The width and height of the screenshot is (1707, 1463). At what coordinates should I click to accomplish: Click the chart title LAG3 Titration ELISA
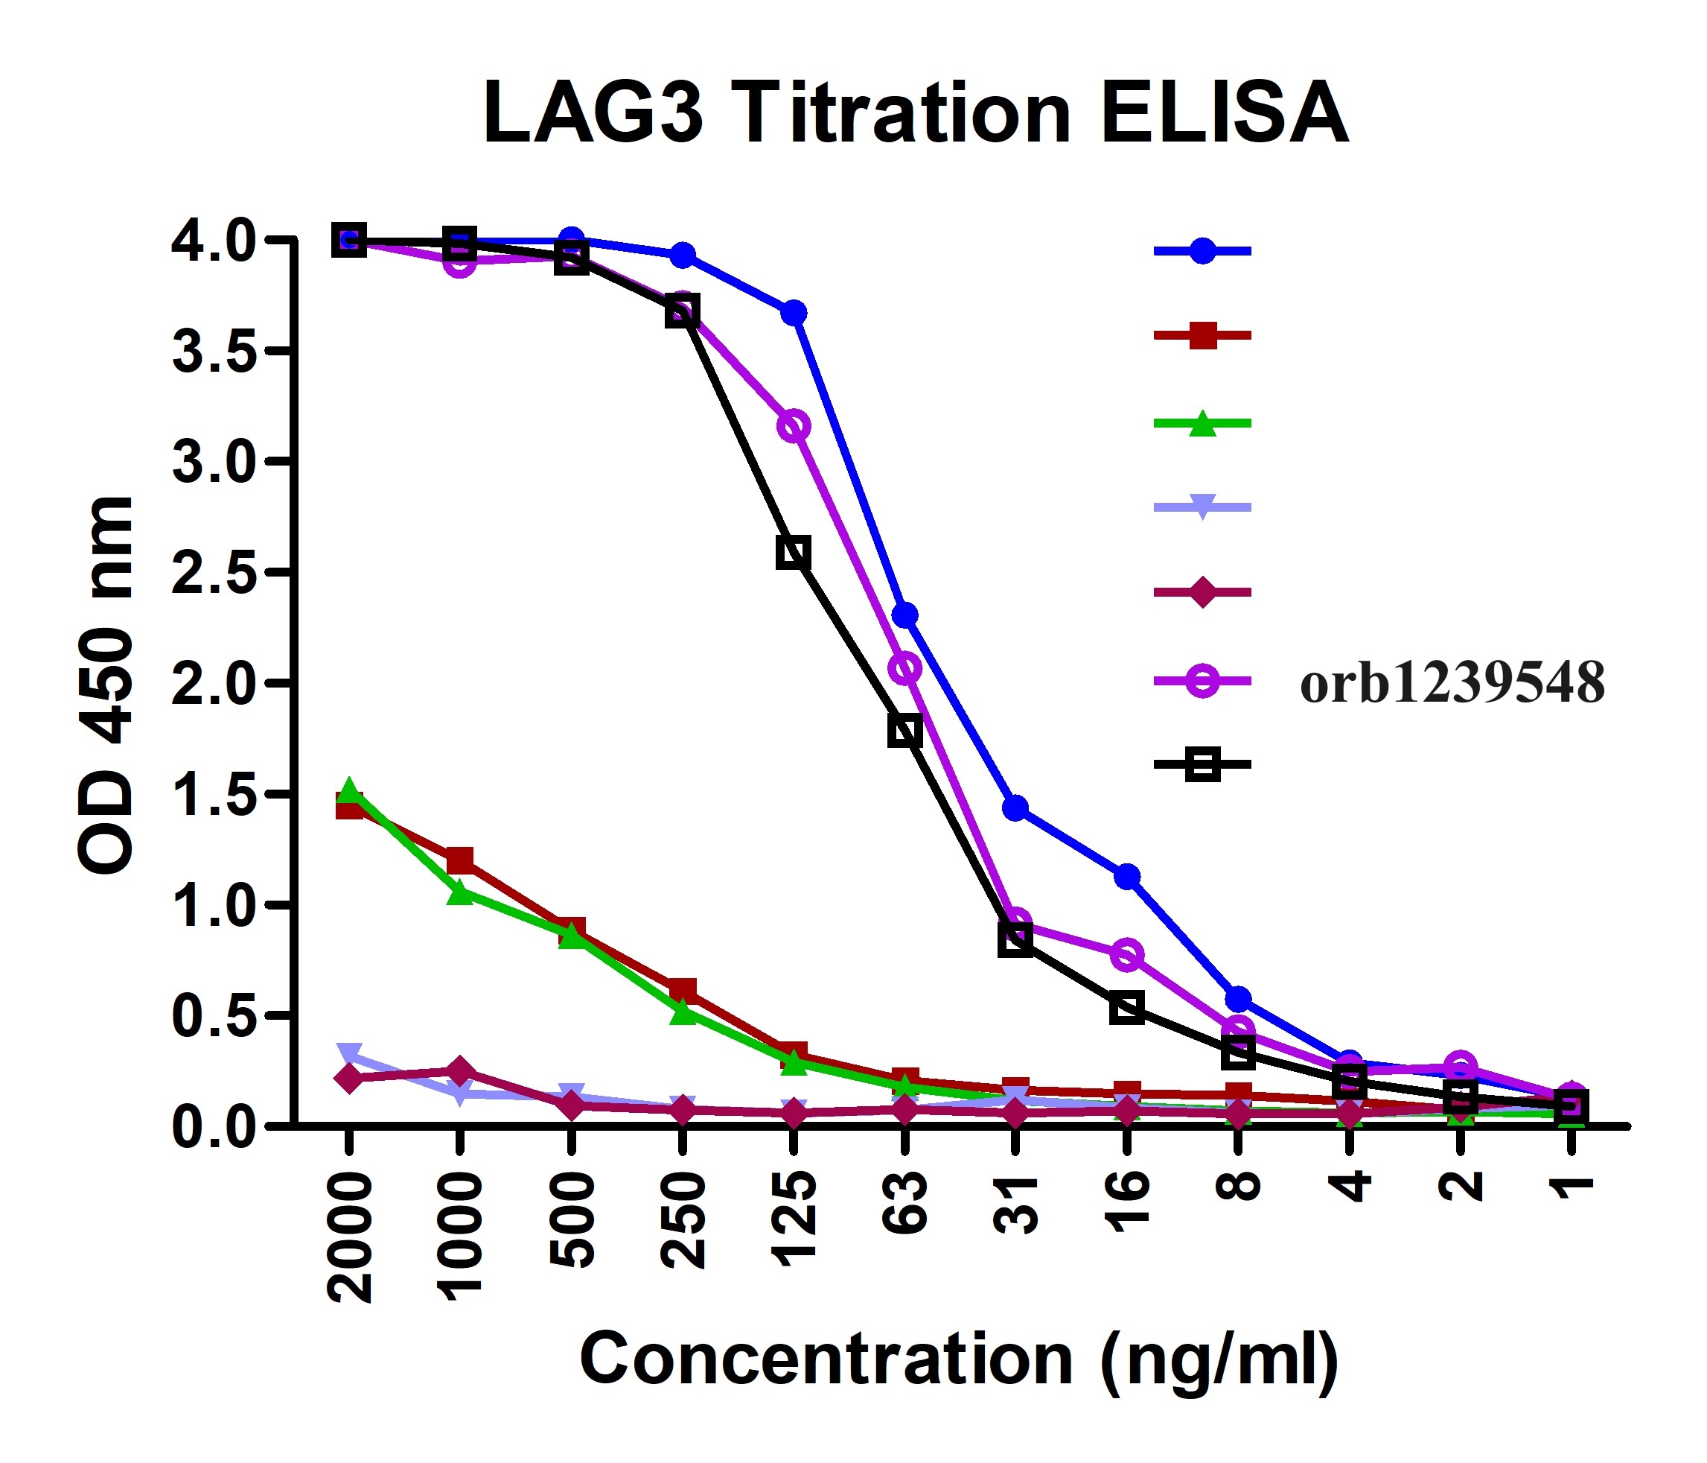coord(914,114)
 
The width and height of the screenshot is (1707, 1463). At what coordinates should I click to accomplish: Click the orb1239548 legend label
coord(1452,683)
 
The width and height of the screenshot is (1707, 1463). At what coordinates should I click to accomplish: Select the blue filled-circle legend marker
coord(1203,250)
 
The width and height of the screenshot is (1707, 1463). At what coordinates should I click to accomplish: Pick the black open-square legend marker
coord(1203,765)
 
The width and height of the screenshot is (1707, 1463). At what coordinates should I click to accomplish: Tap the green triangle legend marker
coord(1203,424)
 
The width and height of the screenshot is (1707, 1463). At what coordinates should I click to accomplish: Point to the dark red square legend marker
coord(1203,335)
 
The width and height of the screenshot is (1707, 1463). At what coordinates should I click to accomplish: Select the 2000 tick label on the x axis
coord(350,1237)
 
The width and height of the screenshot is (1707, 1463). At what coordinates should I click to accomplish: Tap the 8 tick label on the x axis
coord(1238,1187)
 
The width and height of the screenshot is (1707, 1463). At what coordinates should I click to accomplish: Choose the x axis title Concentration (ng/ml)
coord(959,1359)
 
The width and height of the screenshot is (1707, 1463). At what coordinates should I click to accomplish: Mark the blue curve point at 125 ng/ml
coord(794,313)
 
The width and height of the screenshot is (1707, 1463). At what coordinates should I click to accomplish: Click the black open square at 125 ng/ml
coord(793,552)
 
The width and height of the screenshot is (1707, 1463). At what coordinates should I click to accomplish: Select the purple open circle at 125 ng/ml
coord(794,426)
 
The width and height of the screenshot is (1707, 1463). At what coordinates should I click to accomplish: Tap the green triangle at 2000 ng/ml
coord(349,791)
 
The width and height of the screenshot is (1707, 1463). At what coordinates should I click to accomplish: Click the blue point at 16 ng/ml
coord(1127,876)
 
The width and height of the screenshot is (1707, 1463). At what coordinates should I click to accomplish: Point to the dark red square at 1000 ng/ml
coord(460,860)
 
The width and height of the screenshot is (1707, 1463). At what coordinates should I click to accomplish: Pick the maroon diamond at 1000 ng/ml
coord(460,1071)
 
